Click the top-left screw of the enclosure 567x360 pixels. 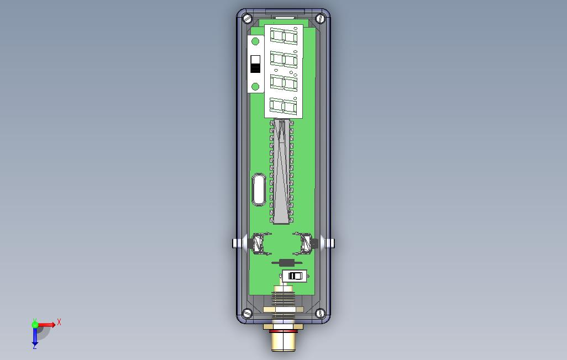[x=248, y=18]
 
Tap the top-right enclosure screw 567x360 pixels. [x=320, y=18]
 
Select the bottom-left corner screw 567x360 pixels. [x=248, y=313]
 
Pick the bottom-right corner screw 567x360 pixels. [x=320, y=313]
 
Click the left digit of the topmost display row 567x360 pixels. [x=277, y=36]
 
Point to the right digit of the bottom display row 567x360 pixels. [x=290, y=107]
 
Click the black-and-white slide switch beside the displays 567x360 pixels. [x=255, y=64]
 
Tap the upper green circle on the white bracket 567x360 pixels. [x=255, y=41]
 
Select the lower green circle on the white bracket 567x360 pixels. [x=255, y=87]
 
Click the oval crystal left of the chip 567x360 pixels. [x=259, y=190]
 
